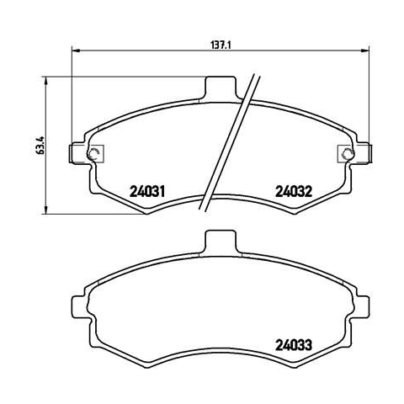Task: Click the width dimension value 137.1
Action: point(221,45)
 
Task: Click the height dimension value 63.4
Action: point(40,146)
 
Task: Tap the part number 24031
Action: point(147,192)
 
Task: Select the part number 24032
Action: point(294,192)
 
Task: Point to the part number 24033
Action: point(294,345)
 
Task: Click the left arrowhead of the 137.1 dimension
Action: point(76,50)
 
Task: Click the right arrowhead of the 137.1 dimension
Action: point(364,50)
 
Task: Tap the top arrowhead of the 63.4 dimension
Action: point(45,80)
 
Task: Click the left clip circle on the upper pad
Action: point(93,154)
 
